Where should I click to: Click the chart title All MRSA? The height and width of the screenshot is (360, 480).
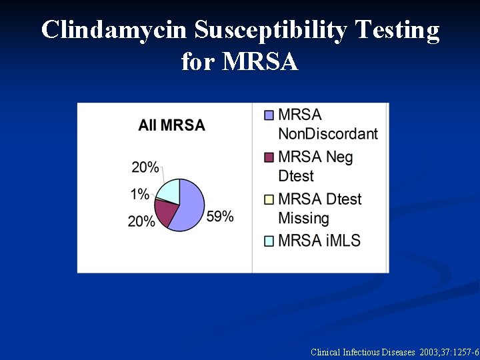click(171, 125)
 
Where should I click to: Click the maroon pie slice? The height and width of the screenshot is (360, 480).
click(165, 211)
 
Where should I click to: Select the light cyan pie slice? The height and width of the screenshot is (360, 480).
click(169, 190)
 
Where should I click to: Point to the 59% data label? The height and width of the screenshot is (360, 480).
click(220, 217)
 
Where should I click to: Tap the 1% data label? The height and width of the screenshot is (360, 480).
click(139, 194)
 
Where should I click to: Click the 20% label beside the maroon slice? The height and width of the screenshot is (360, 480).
click(141, 221)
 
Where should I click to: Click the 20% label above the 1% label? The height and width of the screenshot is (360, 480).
click(145, 167)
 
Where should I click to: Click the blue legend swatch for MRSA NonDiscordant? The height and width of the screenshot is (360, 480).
click(269, 115)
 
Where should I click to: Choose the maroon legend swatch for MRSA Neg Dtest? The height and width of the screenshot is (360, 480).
click(269, 158)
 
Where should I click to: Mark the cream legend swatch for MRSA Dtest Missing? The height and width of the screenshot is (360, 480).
click(269, 199)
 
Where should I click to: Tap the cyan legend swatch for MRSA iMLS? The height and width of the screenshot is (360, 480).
click(269, 241)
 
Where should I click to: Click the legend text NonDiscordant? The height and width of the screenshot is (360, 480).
click(328, 133)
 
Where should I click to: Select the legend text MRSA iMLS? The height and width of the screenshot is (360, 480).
click(319, 240)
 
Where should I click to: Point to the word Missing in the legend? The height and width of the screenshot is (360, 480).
click(303, 218)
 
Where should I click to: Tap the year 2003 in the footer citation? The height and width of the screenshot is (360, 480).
click(430, 351)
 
